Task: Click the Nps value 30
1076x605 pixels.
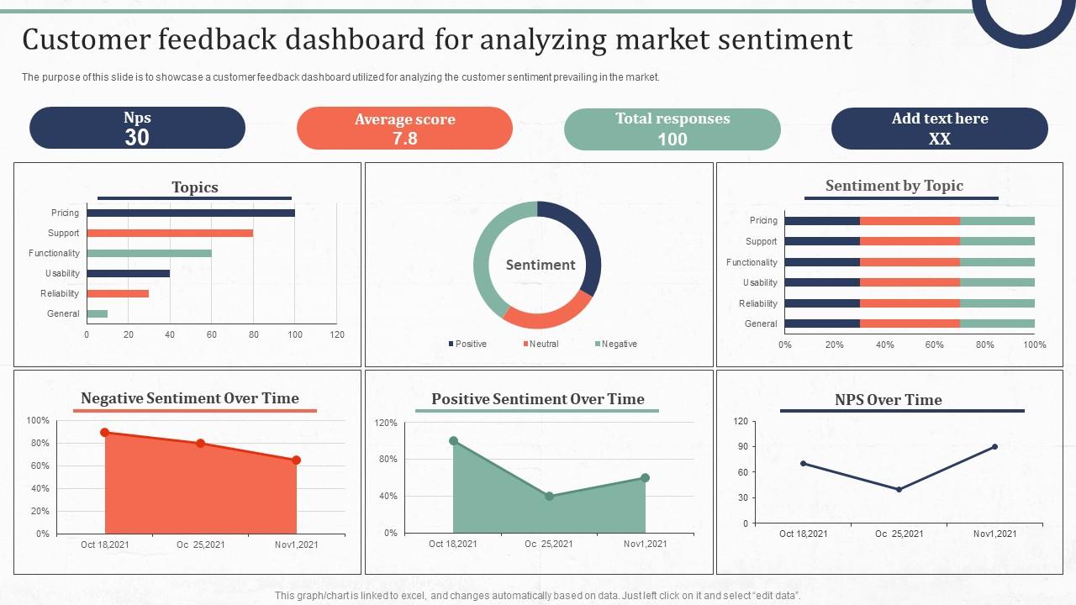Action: pos(137,138)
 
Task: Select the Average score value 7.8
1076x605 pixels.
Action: pos(404,139)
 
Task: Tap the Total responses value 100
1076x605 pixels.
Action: pos(672,139)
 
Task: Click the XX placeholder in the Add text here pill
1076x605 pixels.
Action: pos(939,139)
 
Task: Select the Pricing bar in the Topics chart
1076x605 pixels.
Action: pos(191,213)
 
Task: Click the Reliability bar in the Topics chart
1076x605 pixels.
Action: pos(118,293)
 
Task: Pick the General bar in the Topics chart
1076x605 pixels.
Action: pos(97,313)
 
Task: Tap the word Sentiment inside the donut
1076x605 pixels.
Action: pos(541,265)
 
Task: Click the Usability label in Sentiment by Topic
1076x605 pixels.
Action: pos(760,282)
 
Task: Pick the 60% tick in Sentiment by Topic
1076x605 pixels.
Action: pos(935,345)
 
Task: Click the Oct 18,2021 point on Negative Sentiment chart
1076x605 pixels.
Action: pos(105,433)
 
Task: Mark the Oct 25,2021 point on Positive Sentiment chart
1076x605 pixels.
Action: pos(549,497)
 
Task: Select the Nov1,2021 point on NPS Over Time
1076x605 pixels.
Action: pos(994,447)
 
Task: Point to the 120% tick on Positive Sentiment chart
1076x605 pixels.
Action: pos(386,423)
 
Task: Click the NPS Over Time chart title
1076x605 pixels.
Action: pos(888,400)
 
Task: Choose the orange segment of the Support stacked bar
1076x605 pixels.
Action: pos(910,241)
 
